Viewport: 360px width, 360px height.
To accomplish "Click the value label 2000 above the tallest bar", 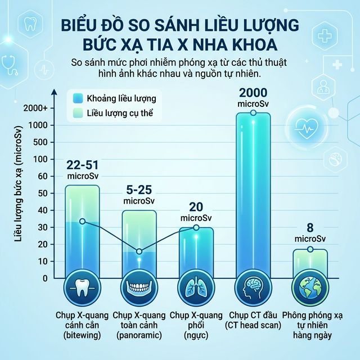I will point(252,93).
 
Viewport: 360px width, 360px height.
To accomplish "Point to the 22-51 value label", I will point(82,166).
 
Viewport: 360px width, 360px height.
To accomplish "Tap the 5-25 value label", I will point(139,191).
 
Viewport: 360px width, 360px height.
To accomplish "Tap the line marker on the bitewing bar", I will point(83,221).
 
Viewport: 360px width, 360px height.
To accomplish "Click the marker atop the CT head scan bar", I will point(253,113).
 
